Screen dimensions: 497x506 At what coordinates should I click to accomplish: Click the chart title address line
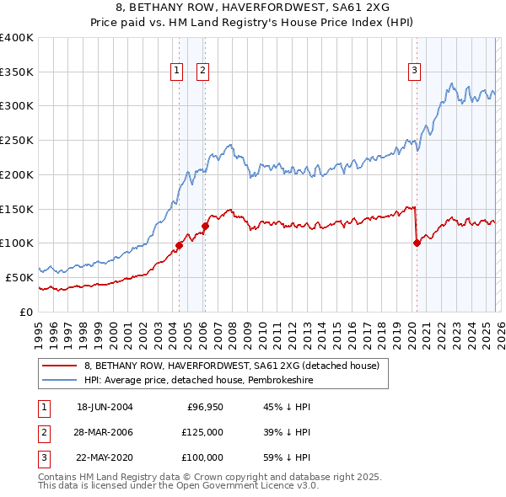point(253,8)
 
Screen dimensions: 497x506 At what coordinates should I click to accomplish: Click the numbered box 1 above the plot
point(177,72)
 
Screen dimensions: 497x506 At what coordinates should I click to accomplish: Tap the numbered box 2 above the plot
point(203,72)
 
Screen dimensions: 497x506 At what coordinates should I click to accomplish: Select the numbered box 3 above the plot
point(415,72)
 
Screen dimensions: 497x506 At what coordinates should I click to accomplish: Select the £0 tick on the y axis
point(27,312)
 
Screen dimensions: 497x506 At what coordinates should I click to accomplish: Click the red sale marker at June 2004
point(179,245)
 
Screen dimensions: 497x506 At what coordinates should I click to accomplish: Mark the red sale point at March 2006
point(205,226)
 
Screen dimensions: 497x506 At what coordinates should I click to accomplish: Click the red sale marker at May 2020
point(417,243)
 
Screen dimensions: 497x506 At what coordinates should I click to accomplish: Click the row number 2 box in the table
point(42,432)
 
